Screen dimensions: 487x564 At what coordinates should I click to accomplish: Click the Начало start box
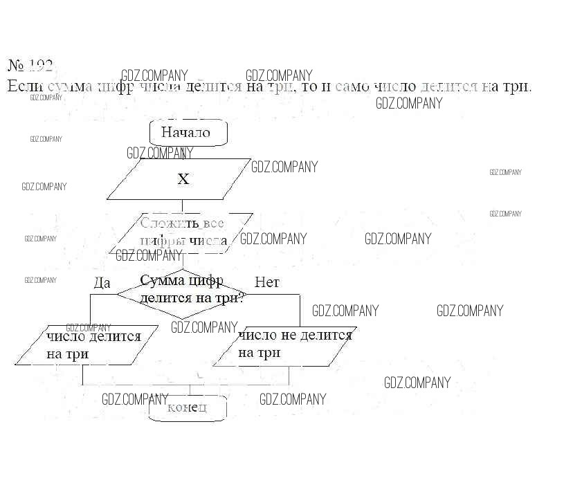(188, 132)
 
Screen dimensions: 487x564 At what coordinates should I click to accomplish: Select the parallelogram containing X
(179, 179)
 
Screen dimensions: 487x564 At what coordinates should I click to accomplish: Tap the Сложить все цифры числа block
(181, 232)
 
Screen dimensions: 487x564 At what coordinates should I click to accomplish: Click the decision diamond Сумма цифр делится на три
(181, 293)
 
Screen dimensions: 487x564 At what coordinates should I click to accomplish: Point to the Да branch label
(102, 282)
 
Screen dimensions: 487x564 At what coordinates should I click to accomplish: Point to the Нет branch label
(266, 282)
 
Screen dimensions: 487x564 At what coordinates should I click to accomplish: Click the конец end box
(188, 408)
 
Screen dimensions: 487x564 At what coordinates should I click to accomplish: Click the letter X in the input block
(183, 179)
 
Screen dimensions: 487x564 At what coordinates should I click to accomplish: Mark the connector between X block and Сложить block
(182, 206)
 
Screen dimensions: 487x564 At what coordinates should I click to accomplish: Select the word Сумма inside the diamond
(162, 281)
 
